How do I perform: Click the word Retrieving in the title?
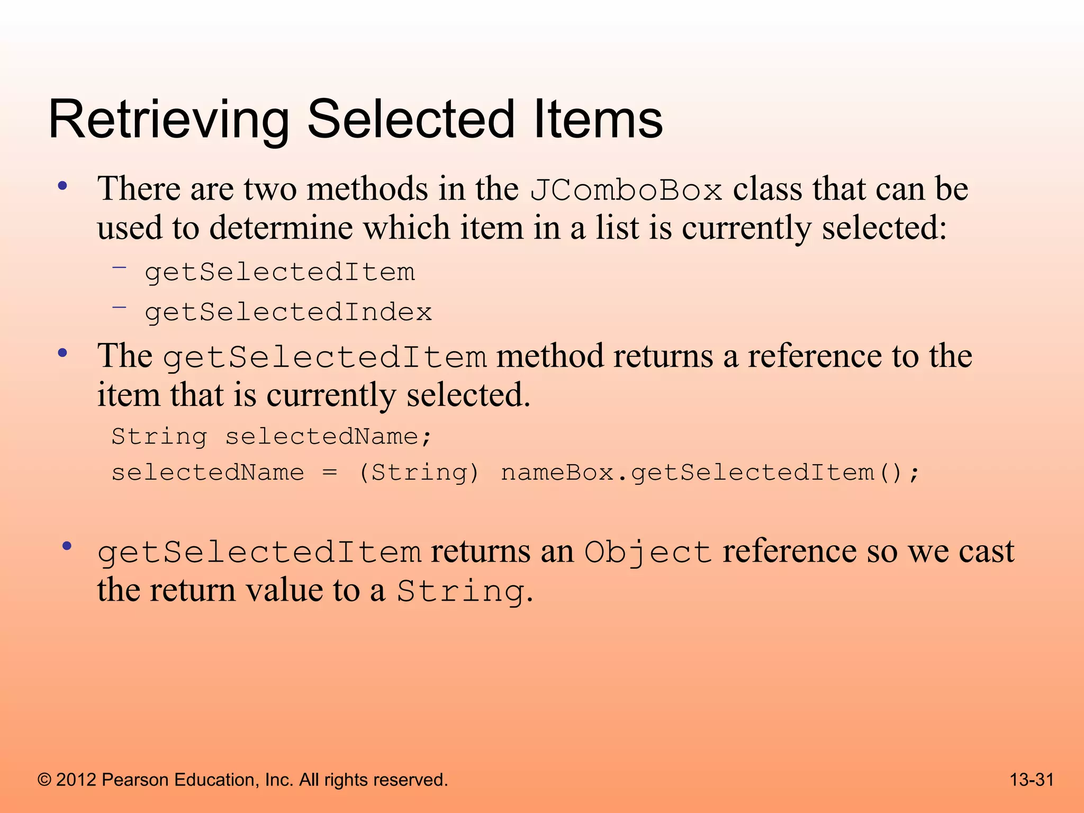click(168, 120)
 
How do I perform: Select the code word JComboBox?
click(626, 190)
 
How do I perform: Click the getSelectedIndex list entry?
click(288, 312)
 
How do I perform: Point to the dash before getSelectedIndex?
click(120, 306)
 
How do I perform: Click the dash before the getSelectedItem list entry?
click(120, 267)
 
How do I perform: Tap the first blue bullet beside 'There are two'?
click(63, 186)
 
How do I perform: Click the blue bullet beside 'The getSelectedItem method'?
click(63, 353)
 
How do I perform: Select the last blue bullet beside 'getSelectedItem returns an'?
click(66, 546)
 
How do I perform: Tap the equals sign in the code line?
click(330, 472)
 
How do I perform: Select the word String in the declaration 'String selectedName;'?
click(159, 437)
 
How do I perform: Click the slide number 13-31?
click(1032, 780)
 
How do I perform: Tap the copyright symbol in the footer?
click(44, 780)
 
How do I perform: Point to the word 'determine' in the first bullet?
click(281, 229)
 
